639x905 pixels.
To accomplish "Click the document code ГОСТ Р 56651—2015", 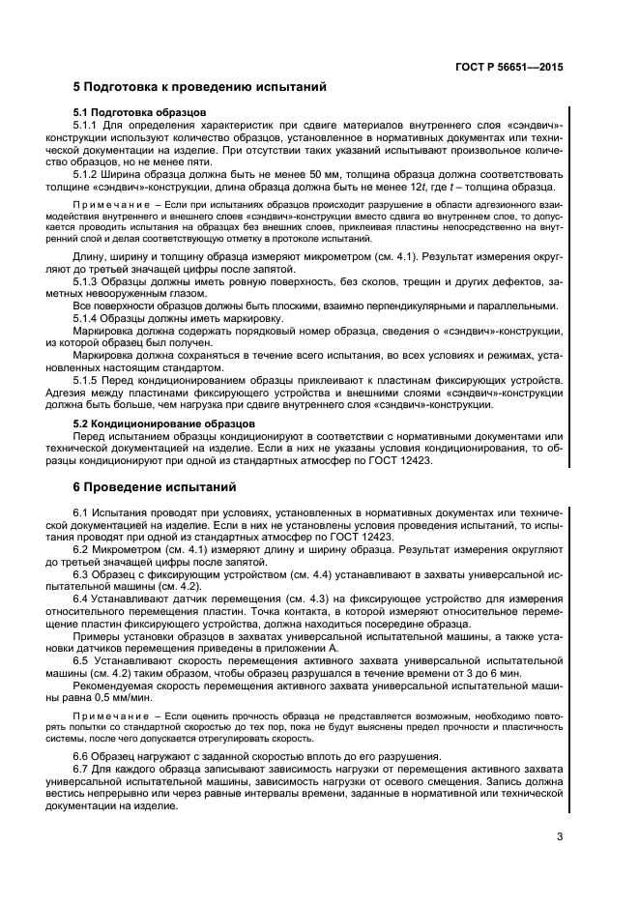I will point(508,68).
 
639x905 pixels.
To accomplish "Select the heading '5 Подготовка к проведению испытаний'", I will point(200,87).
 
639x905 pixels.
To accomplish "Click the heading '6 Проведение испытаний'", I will point(155,485).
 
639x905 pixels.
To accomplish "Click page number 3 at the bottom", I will point(560,837).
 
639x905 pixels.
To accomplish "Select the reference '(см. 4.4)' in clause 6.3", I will point(290,573).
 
